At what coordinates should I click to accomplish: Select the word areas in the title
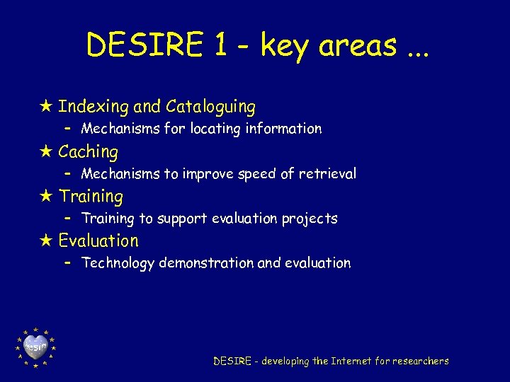pos(357,46)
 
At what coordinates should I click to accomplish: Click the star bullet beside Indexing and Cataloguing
pos(47,107)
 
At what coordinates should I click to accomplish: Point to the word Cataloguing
pos(210,107)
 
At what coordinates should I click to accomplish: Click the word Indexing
pos(93,107)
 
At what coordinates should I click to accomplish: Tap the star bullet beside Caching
pos(47,151)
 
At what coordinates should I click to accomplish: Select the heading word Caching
pos(88,151)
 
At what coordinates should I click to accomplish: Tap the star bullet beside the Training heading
pos(47,197)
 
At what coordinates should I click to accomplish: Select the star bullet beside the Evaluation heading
pos(47,241)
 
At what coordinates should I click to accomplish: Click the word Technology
pos(118,263)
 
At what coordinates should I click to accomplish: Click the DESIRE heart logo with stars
pos(35,347)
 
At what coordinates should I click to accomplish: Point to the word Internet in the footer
pos(352,361)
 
